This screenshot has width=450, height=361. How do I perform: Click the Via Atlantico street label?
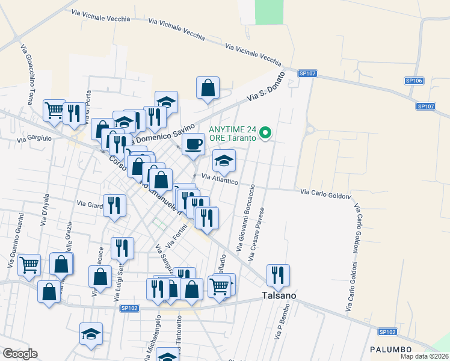pyautogui.click(x=220, y=179)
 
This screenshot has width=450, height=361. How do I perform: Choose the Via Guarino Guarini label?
pyautogui.click(x=16, y=239)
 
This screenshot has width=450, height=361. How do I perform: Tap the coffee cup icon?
pyautogui.click(x=193, y=144)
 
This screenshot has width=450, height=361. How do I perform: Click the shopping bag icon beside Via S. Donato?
pyautogui.click(x=208, y=88)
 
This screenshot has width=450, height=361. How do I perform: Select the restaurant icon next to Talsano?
pyautogui.click(x=278, y=275)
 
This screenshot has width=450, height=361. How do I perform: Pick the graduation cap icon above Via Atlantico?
pyautogui.click(x=224, y=161)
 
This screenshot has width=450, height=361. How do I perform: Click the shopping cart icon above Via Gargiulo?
pyautogui.click(x=54, y=110)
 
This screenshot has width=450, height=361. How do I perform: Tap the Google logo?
pyautogui.click(x=20, y=354)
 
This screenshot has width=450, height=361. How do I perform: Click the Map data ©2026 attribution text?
pyautogui.click(x=424, y=356)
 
